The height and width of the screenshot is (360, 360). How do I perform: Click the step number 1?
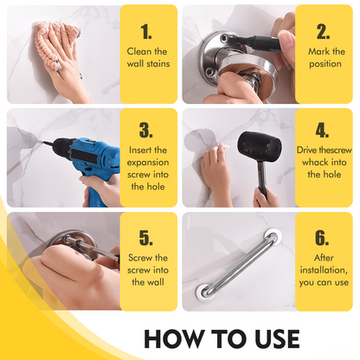coord(146,32)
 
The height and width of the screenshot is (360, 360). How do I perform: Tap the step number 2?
coord(323,32)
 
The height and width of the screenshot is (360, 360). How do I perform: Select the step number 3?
coord(146,130)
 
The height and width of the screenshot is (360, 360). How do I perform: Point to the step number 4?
coord(322,130)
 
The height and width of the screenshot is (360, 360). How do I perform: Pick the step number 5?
coord(146,238)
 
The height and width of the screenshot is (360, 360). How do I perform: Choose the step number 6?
coord(322,238)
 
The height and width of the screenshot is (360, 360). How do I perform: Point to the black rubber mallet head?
coord(259,147)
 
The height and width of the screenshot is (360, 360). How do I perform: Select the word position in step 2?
coord(325,64)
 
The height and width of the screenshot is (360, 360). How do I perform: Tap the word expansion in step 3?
coord(148,163)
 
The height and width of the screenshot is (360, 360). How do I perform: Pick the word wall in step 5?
coord(157,282)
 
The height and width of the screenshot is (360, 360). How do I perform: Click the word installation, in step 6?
coord(324,270)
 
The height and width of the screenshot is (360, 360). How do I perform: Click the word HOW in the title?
coord(173,338)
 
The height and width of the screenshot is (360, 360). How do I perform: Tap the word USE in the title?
coord(277,338)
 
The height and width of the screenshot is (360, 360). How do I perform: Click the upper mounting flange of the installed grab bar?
coord(272,236)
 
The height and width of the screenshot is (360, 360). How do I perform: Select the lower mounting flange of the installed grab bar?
coord(204,292)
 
